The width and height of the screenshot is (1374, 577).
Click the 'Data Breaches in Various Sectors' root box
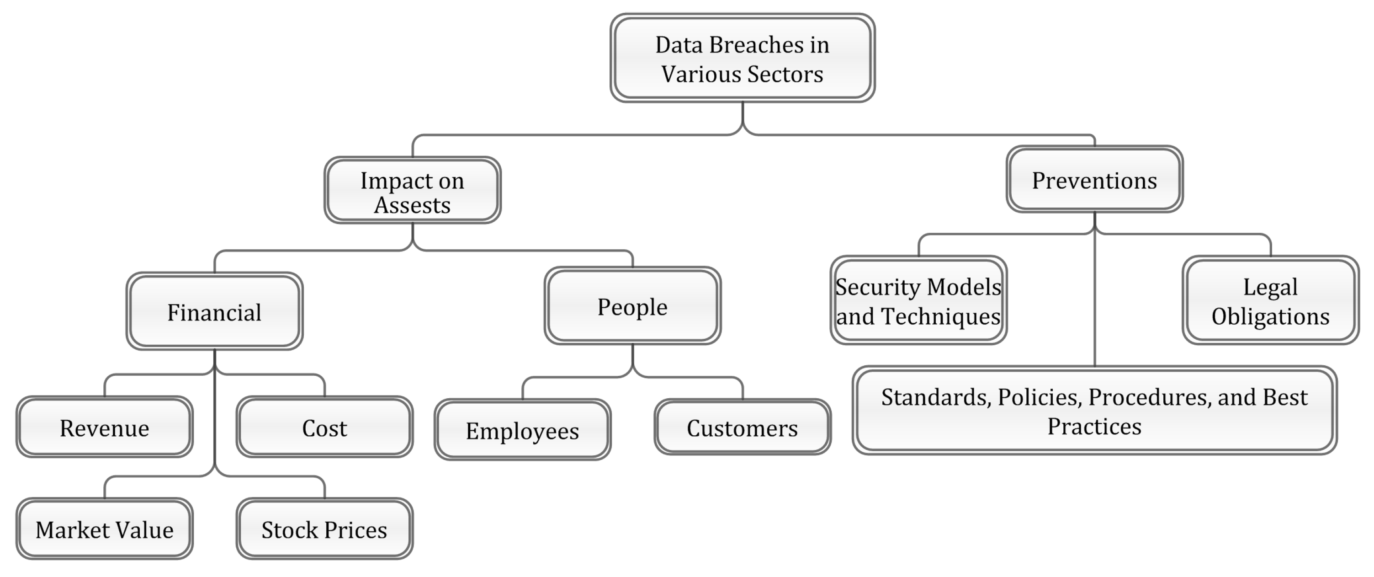coord(743,58)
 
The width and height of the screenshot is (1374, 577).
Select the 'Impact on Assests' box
coord(412,191)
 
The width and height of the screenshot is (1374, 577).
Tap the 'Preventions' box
coord(1094,180)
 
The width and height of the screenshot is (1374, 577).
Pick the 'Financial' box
coord(214,312)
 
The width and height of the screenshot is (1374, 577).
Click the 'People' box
coord(632,306)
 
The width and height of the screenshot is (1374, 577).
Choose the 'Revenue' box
coord(105,427)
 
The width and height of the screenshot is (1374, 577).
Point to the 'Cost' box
coord(324,427)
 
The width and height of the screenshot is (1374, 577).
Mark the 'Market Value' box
coord(105,529)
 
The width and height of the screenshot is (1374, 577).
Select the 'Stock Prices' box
coord(324,529)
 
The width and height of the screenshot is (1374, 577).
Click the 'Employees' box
coord(522,430)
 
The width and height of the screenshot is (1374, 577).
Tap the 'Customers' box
coord(743,427)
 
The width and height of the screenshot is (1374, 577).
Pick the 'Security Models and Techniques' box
coord(918,300)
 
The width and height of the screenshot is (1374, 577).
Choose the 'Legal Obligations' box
coord(1271,300)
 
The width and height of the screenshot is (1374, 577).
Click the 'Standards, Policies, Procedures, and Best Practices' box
coord(1094,411)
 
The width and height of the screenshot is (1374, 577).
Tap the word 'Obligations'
coord(1271,316)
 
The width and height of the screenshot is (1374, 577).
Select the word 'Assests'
coord(412,205)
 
